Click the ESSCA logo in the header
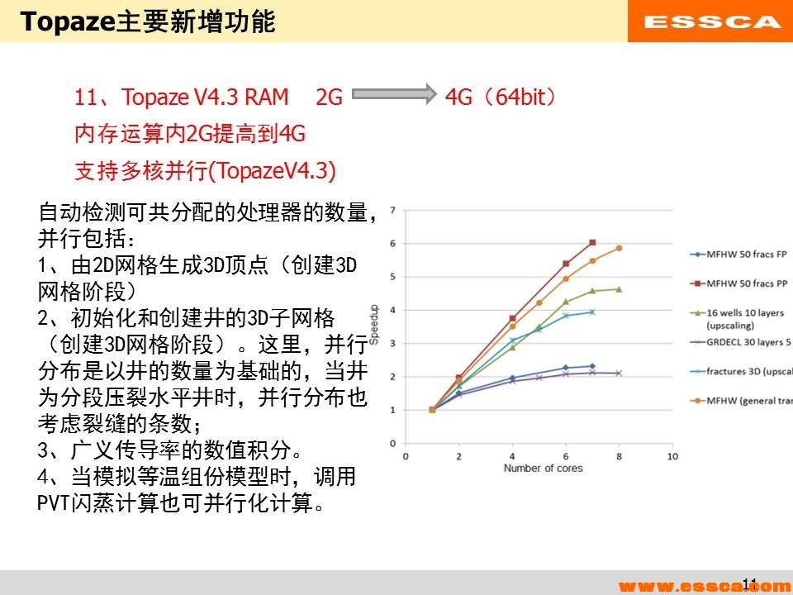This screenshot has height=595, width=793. [x=711, y=22]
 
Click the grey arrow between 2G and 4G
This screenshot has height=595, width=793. [x=393, y=98]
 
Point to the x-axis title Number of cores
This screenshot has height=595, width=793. [x=543, y=469]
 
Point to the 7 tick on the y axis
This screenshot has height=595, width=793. [x=393, y=210]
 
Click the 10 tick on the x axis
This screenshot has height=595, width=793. [x=672, y=456]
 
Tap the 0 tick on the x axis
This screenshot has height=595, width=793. [x=405, y=456]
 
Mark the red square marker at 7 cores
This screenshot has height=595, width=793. [x=592, y=243]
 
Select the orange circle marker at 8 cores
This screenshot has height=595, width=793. [x=619, y=248]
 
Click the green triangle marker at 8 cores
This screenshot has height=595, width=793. [x=619, y=289]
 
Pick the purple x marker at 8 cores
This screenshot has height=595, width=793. [x=619, y=374]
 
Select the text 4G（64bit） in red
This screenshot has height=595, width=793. [x=501, y=98]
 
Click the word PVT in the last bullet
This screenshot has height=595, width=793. [x=55, y=502]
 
